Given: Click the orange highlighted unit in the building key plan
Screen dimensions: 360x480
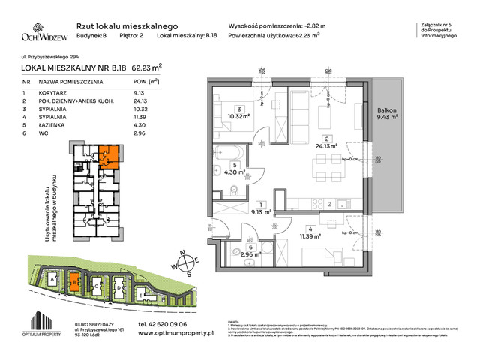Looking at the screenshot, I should (110, 154).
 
